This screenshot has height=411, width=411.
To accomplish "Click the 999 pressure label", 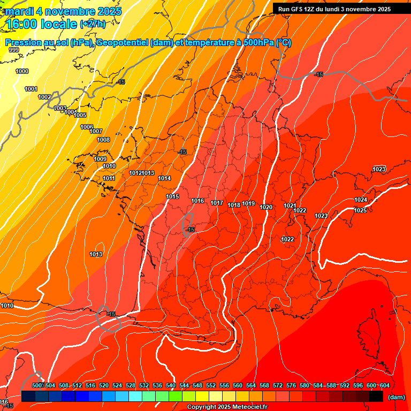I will pyautogui.click(x=14, y=50).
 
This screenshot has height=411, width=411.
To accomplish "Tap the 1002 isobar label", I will pyautogui.click(x=44, y=97).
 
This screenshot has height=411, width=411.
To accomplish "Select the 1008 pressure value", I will pyautogui.click(x=103, y=140).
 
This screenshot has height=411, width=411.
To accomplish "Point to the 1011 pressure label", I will pyautogui.click(x=109, y=178).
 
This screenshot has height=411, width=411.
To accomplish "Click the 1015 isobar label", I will pyautogui.click(x=172, y=196).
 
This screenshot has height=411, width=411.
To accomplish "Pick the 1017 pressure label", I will pyautogui.click(x=217, y=203).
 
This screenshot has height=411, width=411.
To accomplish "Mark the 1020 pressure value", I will pyautogui.click(x=266, y=207).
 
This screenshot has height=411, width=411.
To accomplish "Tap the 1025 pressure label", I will pyautogui.click(x=360, y=210).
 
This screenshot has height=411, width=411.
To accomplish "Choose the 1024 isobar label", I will pyautogui.click(x=361, y=200).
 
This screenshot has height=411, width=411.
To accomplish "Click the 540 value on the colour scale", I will pyautogui.click(x=171, y=385).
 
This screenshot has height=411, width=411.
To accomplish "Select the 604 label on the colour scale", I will pyautogui.click(x=384, y=385).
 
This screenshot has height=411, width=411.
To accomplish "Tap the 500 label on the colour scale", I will pyautogui.click(x=37, y=385).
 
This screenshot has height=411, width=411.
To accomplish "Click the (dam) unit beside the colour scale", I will pyautogui.click(x=396, y=397).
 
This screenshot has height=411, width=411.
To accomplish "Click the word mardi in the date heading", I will pyautogui.click(x=21, y=11).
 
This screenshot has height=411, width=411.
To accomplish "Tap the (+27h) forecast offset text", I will pyautogui.click(x=93, y=24).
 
